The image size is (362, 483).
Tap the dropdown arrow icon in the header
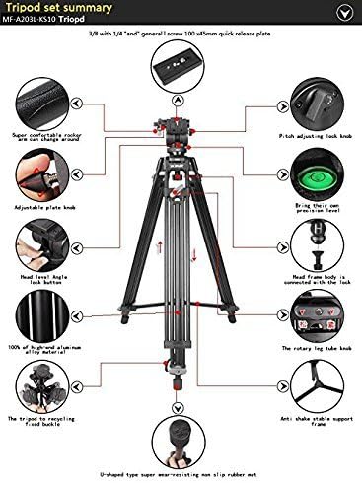342,12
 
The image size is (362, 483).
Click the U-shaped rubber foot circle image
181,437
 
